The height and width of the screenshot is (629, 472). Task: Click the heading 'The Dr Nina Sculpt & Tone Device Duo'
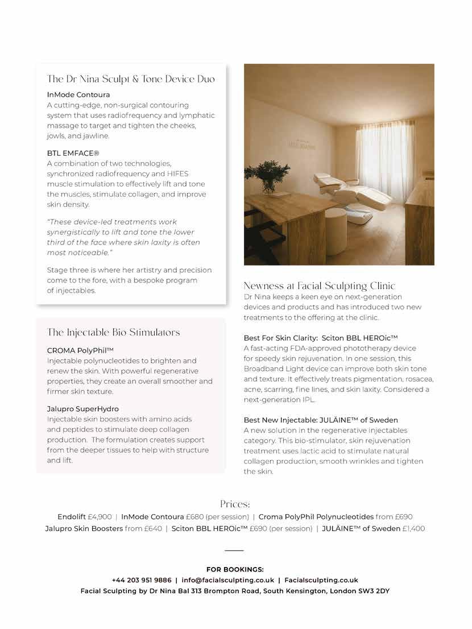[x=131, y=79]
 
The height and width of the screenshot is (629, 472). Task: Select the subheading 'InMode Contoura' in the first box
[x=78, y=94]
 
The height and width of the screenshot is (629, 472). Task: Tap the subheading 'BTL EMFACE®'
[x=73, y=153]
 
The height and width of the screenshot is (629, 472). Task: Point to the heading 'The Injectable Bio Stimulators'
[x=114, y=332]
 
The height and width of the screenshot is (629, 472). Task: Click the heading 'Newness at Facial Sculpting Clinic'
[x=319, y=285]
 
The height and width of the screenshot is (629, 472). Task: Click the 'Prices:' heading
[x=235, y=504]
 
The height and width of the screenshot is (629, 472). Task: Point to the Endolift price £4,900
[x=100, y=517]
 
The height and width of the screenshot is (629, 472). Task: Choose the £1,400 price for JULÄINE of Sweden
[x=413, y=528]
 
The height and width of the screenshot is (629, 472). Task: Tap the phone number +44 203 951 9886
[x=142, y=580]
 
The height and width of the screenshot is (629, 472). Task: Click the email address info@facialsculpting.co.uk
[x=227, y=580]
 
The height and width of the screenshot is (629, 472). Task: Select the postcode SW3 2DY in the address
[x=373, y=591]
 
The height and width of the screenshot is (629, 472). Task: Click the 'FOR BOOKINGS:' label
[x=235, y=569]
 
